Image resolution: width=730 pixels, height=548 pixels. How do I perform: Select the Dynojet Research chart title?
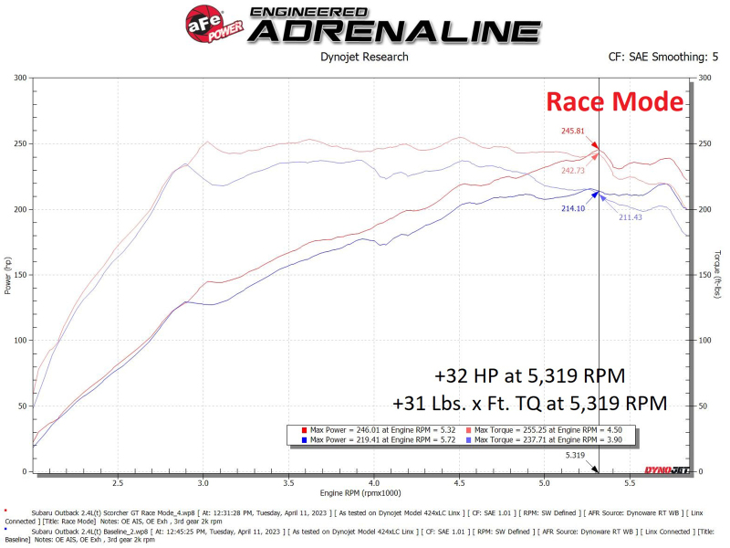(364, 57)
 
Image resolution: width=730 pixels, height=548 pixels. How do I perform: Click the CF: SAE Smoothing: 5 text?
(663, 57)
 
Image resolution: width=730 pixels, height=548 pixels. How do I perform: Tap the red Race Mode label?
(614, 101)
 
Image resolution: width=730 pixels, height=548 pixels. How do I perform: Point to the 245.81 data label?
(572, 131)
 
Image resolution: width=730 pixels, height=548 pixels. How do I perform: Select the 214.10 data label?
(572, 208)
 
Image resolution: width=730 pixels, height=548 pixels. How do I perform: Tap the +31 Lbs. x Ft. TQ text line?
(530, 403)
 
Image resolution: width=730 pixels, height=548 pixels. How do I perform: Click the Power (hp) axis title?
(7, 275)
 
